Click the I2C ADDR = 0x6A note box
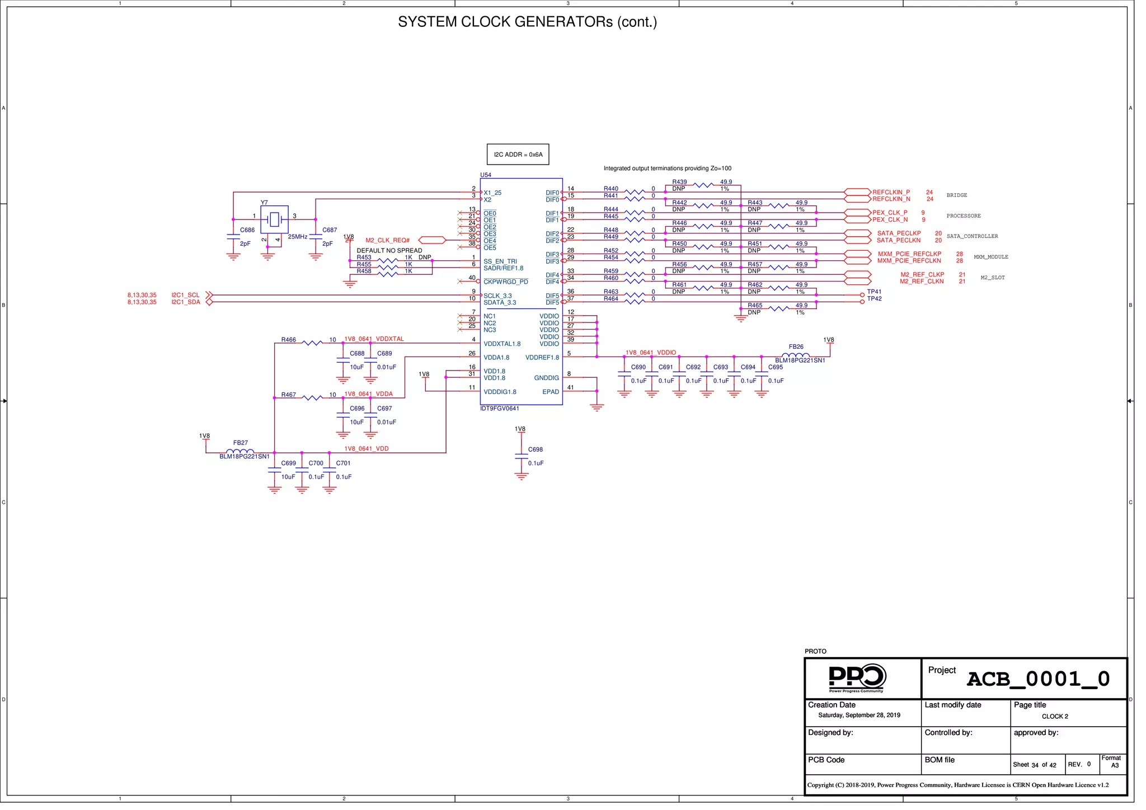pyautogui.click(x=518, y=154)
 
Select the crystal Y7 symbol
pyautogui.click(x=274, y=219)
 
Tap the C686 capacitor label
pyautogui.click(x=247, y=230)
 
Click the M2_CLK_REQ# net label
pyautogui.click(x=388, y=240)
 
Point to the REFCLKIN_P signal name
pyautogui.click(x=891, y=192)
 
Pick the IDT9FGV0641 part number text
pyautogui.click(x=500, y=409)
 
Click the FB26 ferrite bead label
pyautogui.click(x=796, y=347)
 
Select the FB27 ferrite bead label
pyautogui.click(x=241, y=443)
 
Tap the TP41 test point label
pyautogui.click(x=874, y=292)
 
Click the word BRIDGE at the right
pyautogui.click(x=957, y=195)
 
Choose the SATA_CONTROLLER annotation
pyautogui.click(x=972, y=236)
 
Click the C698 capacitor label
pyautogui.click(x=536, y=450)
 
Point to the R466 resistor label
pyautogui.click(x=289, y=340)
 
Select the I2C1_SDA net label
pyautogui.click(x=186, y=302)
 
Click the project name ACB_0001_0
pyautogui.click(x=1038, y=679)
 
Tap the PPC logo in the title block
pyautogui.click(x=856, y=678)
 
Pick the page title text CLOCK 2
pyautogui.click(x=1055, y=717)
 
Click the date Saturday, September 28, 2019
pyautogui.click(x=859, y=715)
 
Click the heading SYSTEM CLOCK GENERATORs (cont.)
pyautogui.click(x=527, y=22)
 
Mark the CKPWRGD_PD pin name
pyautogui.click(x=506, y=282)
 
